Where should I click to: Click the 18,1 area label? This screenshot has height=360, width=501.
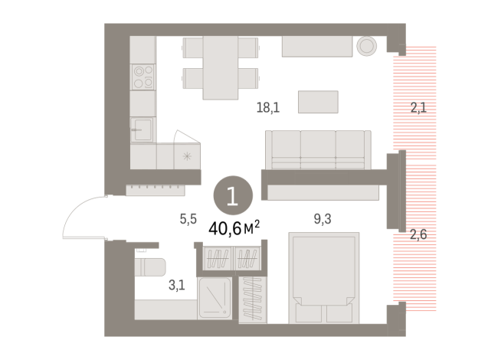click(268, 108)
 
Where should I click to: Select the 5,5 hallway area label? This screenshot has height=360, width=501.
click(188, 218)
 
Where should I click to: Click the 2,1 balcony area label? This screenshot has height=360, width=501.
click(418, 108)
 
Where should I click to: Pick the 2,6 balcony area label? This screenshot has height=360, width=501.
click(418, 234)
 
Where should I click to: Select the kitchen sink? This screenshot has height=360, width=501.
click(142, 128)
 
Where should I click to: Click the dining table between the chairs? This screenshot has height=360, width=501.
click(219, 67)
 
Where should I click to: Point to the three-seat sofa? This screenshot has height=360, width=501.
click(318, 149)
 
